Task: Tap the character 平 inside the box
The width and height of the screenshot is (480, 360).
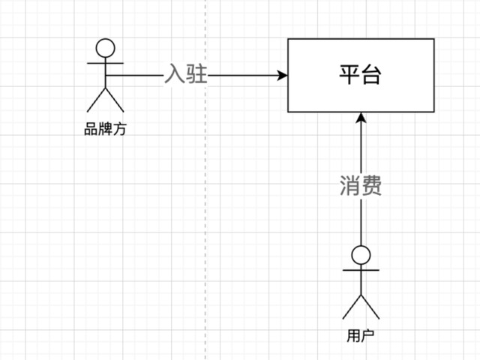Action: (349, 76)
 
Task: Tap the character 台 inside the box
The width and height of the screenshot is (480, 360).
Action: (371, 76)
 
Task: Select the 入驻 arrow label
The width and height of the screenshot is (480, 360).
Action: (185, 76)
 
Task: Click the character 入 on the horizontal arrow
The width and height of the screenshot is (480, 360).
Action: (175, 76)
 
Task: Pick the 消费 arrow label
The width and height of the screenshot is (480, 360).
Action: (361, 185)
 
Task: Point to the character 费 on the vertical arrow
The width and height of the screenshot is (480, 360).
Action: (371, 185)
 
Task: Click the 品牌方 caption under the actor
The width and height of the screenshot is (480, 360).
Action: (106, 129)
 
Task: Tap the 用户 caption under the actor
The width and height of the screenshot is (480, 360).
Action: (361, 335)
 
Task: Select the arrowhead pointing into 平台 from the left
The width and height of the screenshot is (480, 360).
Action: (283, 76)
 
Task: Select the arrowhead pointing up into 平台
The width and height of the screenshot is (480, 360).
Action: (361, 118)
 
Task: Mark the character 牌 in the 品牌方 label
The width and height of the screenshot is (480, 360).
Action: (106, 129)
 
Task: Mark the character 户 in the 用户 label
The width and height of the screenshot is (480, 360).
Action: (367, 335)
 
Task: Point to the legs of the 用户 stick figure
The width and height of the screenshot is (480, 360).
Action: (361, 306)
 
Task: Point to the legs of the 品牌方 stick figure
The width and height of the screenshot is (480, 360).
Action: (106, 100)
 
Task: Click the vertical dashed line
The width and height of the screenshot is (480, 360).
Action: (205, 225)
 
